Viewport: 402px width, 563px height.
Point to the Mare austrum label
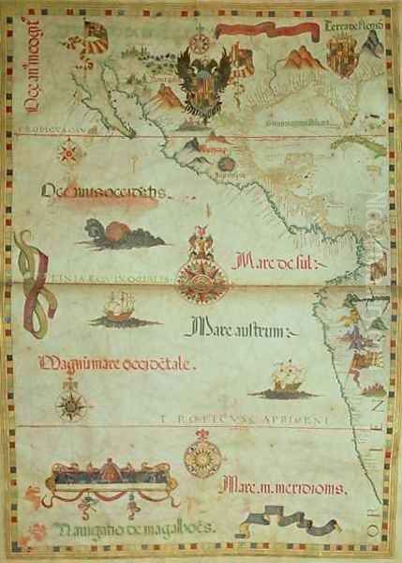[x=242, y=329]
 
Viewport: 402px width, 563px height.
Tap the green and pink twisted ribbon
[x=32, y=282]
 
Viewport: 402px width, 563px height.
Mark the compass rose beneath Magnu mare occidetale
[x=72, y=404]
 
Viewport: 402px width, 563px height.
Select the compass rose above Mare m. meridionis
[x=201, y=457]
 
